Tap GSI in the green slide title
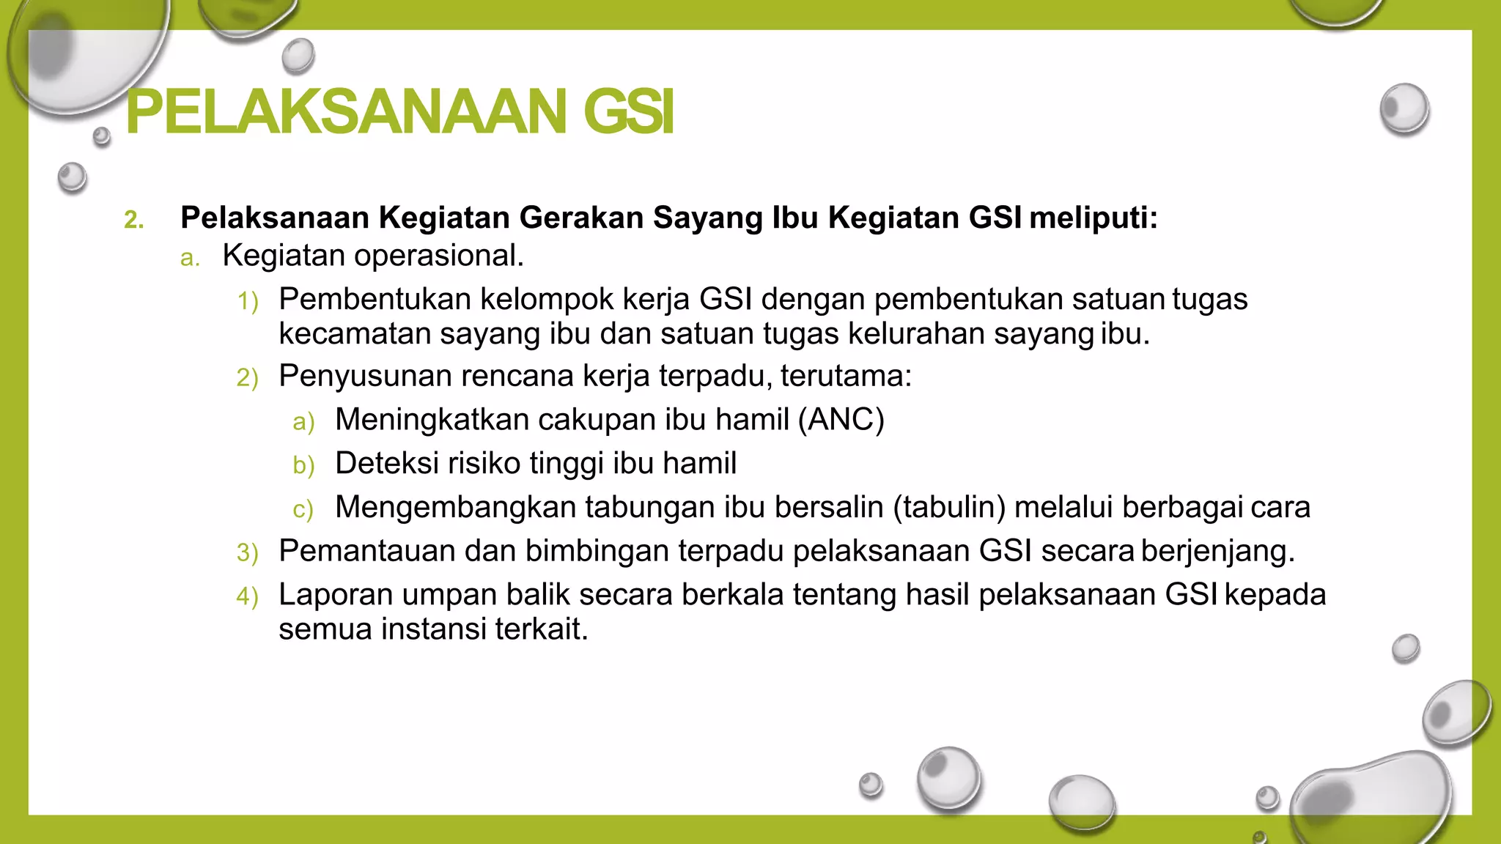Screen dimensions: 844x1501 click(628, 112)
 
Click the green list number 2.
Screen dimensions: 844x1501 click(133, 219)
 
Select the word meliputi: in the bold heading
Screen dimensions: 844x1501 click(1093, 218)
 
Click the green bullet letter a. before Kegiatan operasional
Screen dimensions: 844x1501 click(190, 257)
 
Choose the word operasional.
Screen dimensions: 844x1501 click(439, 256)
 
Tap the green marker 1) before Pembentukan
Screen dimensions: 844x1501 click(248, 301)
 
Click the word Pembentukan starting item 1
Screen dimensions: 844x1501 click(374, 299)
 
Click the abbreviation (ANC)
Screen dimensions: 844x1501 click(841, 420)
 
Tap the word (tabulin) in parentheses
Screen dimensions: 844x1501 click(948, 507)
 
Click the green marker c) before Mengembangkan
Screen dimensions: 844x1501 click(303, 509)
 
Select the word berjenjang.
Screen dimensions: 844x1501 click(1217, 551)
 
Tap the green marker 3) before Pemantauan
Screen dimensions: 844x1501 click(248, 552)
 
